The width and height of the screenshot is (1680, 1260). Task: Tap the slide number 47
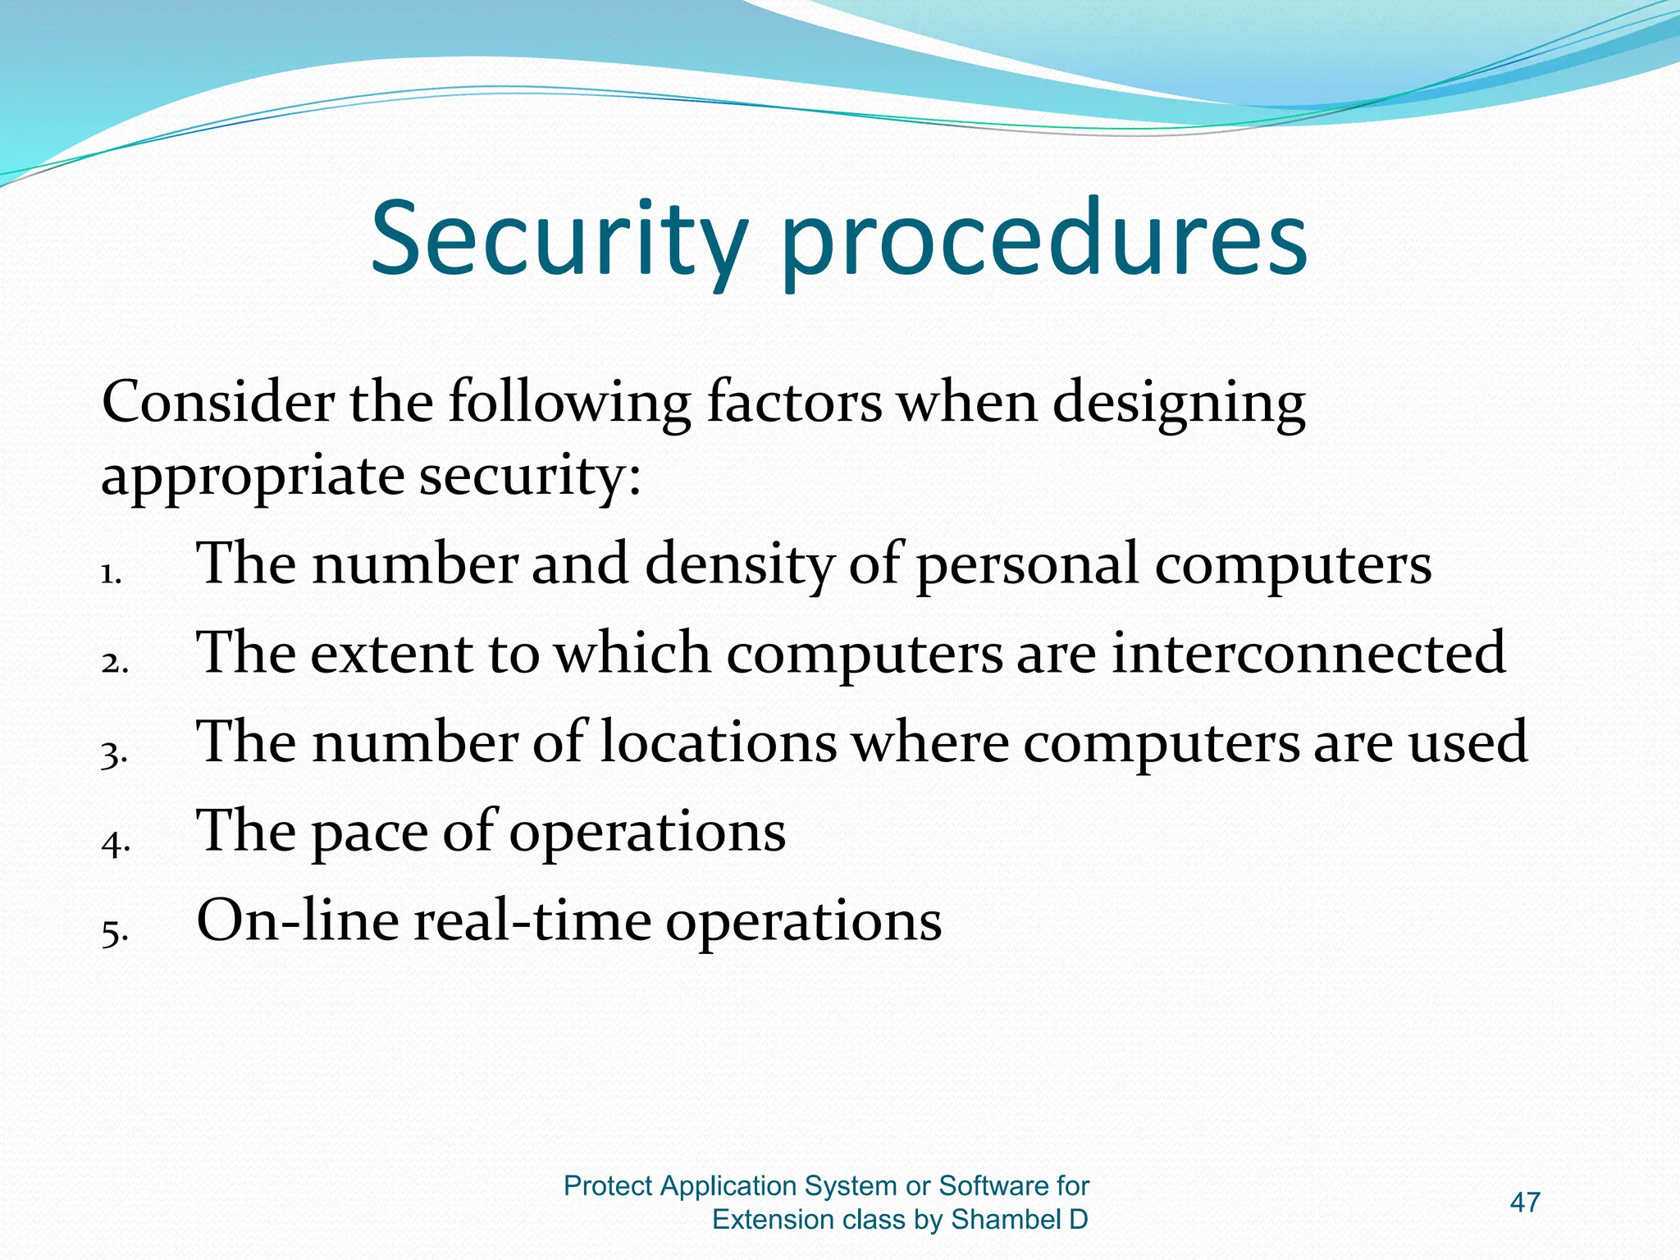point(1525,1203)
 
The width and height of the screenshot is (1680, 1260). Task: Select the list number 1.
point(111,574)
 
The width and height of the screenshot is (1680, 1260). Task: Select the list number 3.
point(114,753)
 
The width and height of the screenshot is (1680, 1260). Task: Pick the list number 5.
point(114,932)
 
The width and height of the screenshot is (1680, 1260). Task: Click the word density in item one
point(739,565)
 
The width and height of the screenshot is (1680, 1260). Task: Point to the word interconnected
point(1308,653)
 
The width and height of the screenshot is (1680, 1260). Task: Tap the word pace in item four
point(369,832)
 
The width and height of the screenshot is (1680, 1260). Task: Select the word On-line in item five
point(296,920)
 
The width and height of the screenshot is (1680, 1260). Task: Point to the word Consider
point(218,402)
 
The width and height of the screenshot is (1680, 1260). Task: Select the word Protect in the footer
point(608,1186)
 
